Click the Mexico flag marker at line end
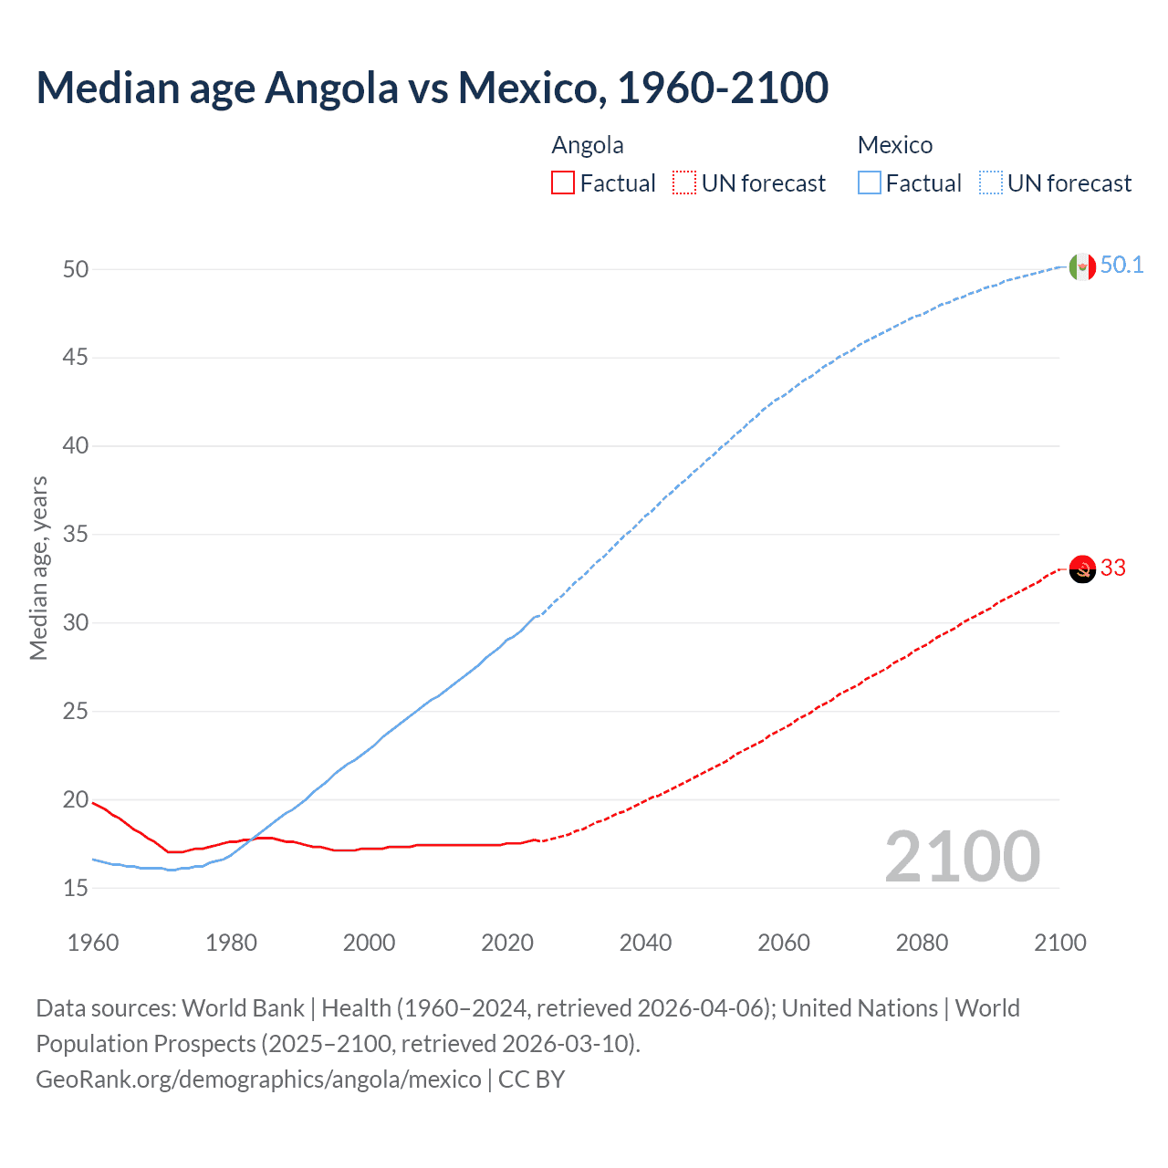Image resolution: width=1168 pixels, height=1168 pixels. click(x=1081, y=266)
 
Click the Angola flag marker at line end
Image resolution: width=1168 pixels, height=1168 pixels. click(x=1081, y=568)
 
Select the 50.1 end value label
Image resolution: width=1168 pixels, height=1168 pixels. click(x=1121, y=266)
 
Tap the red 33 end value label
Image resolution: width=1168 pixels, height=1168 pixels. click(x=1112, y=568)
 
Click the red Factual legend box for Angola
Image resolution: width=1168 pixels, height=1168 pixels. click(x=563, y=183)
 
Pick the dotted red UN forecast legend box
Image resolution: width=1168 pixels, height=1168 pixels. click(x=684, y=183)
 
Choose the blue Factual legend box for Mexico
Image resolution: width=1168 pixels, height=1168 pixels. click(x=870, y=183)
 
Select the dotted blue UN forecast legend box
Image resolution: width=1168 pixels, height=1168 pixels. click(x=991, y=183)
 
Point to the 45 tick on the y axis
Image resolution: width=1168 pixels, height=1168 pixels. click(x=76, y=358)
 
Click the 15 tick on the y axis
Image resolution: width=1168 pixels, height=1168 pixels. click(x=76, y=888)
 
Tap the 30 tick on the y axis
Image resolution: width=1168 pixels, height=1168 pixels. click(x=76, y=623)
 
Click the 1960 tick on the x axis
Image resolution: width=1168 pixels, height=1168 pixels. click(x=93, y=943)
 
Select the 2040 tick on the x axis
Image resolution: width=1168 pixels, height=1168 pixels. click(x=645, y=943)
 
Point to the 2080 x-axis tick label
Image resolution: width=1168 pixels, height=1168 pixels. click(x=922, y=943)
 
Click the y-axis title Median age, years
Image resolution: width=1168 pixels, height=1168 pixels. click(x=38, y=568)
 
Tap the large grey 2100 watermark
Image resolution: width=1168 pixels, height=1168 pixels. click(x=962, y=857)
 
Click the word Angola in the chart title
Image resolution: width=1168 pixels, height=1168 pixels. click(x=332, y=88)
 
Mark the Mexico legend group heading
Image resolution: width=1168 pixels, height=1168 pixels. click(x=895, y=145)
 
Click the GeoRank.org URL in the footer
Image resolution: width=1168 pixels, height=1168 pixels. click(x=258, y=1079)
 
